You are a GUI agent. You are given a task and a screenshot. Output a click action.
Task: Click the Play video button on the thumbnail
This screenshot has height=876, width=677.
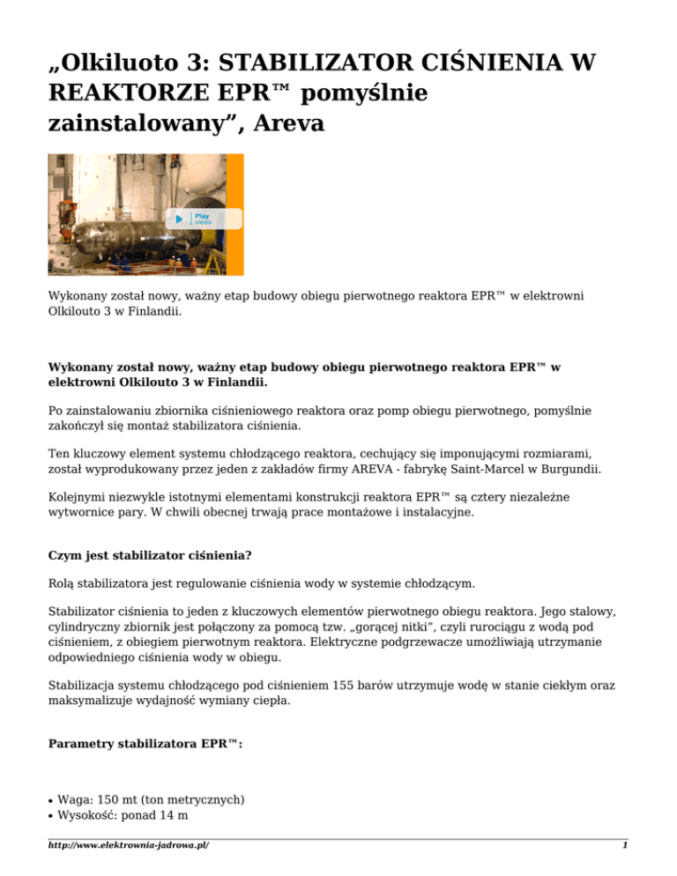(x=190, y=219)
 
